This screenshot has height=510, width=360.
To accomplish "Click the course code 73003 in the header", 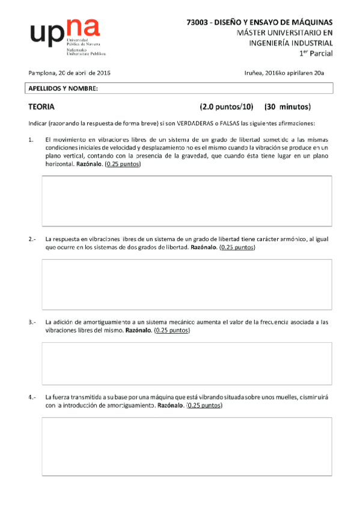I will click(198, 22).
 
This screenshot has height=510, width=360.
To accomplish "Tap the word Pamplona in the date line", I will click(42, 73).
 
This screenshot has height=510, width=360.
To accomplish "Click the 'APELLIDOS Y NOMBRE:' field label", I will click(63, 89).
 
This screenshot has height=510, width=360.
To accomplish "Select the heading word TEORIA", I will click(41, 108).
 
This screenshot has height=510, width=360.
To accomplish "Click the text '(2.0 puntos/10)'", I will click(227, 108).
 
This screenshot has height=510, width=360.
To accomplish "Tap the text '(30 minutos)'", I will click(287, 108).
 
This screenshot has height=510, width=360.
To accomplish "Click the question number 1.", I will click(31, 140).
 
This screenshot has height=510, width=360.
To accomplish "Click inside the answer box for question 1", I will click(186, 200).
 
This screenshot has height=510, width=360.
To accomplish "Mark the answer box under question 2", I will click(186, 284).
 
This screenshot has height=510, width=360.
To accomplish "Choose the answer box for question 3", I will click(186, 363).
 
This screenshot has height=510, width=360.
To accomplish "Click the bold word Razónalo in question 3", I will click(138, 330).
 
